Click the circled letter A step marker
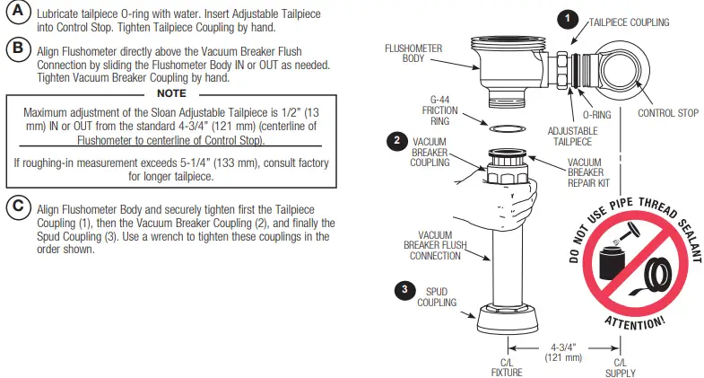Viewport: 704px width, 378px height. pyautogui.click(x=17, y=14)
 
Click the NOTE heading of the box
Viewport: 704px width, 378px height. pyautogui.click(x=171, y=92)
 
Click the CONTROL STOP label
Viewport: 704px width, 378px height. pyautogui.click(x=668, y=113)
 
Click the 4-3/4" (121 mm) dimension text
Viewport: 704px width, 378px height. pyautogui.click(x=563, y=351)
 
